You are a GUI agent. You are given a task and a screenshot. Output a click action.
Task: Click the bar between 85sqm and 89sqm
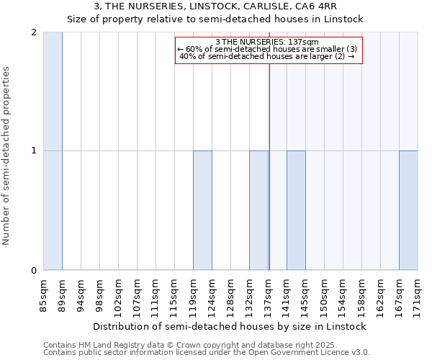click(x=53, y=151)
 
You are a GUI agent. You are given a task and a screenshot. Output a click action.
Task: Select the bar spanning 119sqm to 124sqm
click(x=202, y=210)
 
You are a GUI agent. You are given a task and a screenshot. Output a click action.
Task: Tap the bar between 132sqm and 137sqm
click(x=258, y=210)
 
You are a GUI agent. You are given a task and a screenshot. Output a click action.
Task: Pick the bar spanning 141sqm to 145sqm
click(x=296, y=210)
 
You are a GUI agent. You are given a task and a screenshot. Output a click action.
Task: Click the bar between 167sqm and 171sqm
click(x=408, y=210)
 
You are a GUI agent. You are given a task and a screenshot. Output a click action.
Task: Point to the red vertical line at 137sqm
click(x=269, y=180)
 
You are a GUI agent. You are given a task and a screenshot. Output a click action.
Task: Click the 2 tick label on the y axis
click(x=34, y=32)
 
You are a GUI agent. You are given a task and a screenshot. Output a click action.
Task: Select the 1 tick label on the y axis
click(x=34, y=150)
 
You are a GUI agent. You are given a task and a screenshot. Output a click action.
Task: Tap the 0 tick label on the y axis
click(x=34, y=270)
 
